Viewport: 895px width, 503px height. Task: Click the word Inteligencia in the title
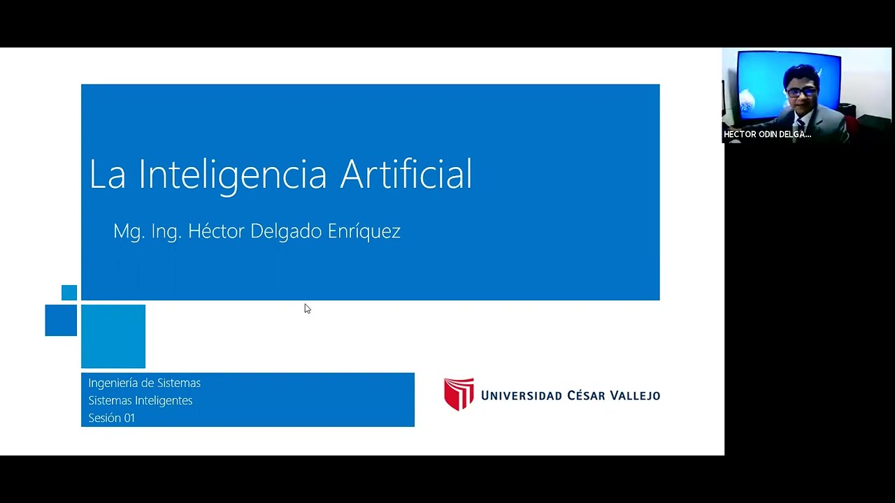(x=233, y=175)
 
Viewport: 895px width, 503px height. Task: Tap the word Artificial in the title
(x=406, y=173)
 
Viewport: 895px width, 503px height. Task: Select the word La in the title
(x=107, y=175)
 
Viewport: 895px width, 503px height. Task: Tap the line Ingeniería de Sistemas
(x=144, y=383)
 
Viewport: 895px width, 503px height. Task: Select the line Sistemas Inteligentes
(x=140, y=400)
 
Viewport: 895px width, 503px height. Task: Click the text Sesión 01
(x=111, y=418)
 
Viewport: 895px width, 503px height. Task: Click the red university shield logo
(x=459, y=394)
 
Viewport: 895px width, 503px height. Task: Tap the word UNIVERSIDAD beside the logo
(x=522, y=395)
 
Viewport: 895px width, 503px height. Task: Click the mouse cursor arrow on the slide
(x=307, y=308)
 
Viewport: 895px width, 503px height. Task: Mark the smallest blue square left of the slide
(x=69, y=293)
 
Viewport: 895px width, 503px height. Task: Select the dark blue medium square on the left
(x=61, y=320)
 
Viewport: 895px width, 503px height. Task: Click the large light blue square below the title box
(x=113, y=336)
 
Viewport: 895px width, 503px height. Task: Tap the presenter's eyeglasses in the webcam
(x=801, y=92)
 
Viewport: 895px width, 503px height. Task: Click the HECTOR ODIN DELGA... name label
(x=767, y=134)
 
